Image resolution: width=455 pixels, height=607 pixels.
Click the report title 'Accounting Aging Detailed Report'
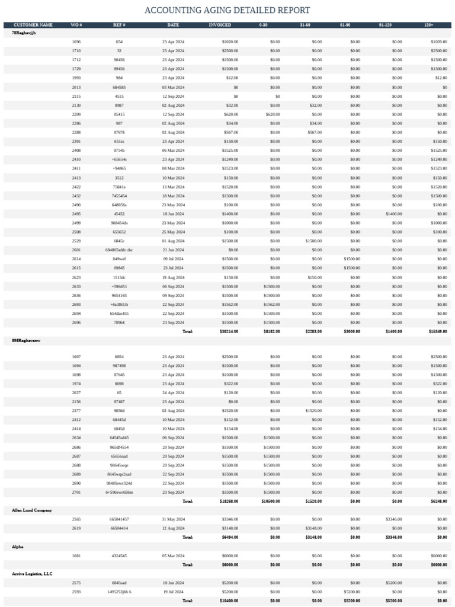click(x=227, y=11)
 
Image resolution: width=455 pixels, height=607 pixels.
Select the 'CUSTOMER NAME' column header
click(x=33, y=25)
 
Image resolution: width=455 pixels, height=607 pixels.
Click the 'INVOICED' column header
click(x=220, y=25)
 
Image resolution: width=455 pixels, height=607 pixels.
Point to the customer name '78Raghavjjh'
click(x=24, y=33)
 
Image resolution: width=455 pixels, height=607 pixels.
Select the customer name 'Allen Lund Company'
click(x=32, y=510)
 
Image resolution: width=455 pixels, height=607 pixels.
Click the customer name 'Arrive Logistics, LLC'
click(x=33, y=574)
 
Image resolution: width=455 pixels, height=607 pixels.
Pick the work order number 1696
click(x=76, y=42)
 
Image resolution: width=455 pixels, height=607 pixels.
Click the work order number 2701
click(x=76, y=492)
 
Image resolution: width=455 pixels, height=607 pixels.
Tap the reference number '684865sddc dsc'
click(x=119, y=250)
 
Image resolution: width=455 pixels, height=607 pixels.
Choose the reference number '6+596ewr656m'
click(x=119, y=492)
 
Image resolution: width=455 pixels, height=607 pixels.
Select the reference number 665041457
click(x=119, y=519)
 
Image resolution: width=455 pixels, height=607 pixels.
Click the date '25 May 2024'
click(x=173, y=232)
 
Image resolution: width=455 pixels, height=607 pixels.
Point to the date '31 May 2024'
click(x=173, y=519)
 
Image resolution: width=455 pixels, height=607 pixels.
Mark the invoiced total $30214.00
click(x=229, y=331)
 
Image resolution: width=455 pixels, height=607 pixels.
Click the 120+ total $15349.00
click(x=438, y=331)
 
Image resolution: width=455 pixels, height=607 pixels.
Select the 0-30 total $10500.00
click(x=271, y=501)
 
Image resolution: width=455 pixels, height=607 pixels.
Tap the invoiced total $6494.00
click(x=230, y=537)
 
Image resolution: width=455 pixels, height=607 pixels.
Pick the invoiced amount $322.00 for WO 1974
click(x=230, y=384)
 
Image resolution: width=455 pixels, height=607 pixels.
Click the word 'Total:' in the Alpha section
click(x=187, y=564)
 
